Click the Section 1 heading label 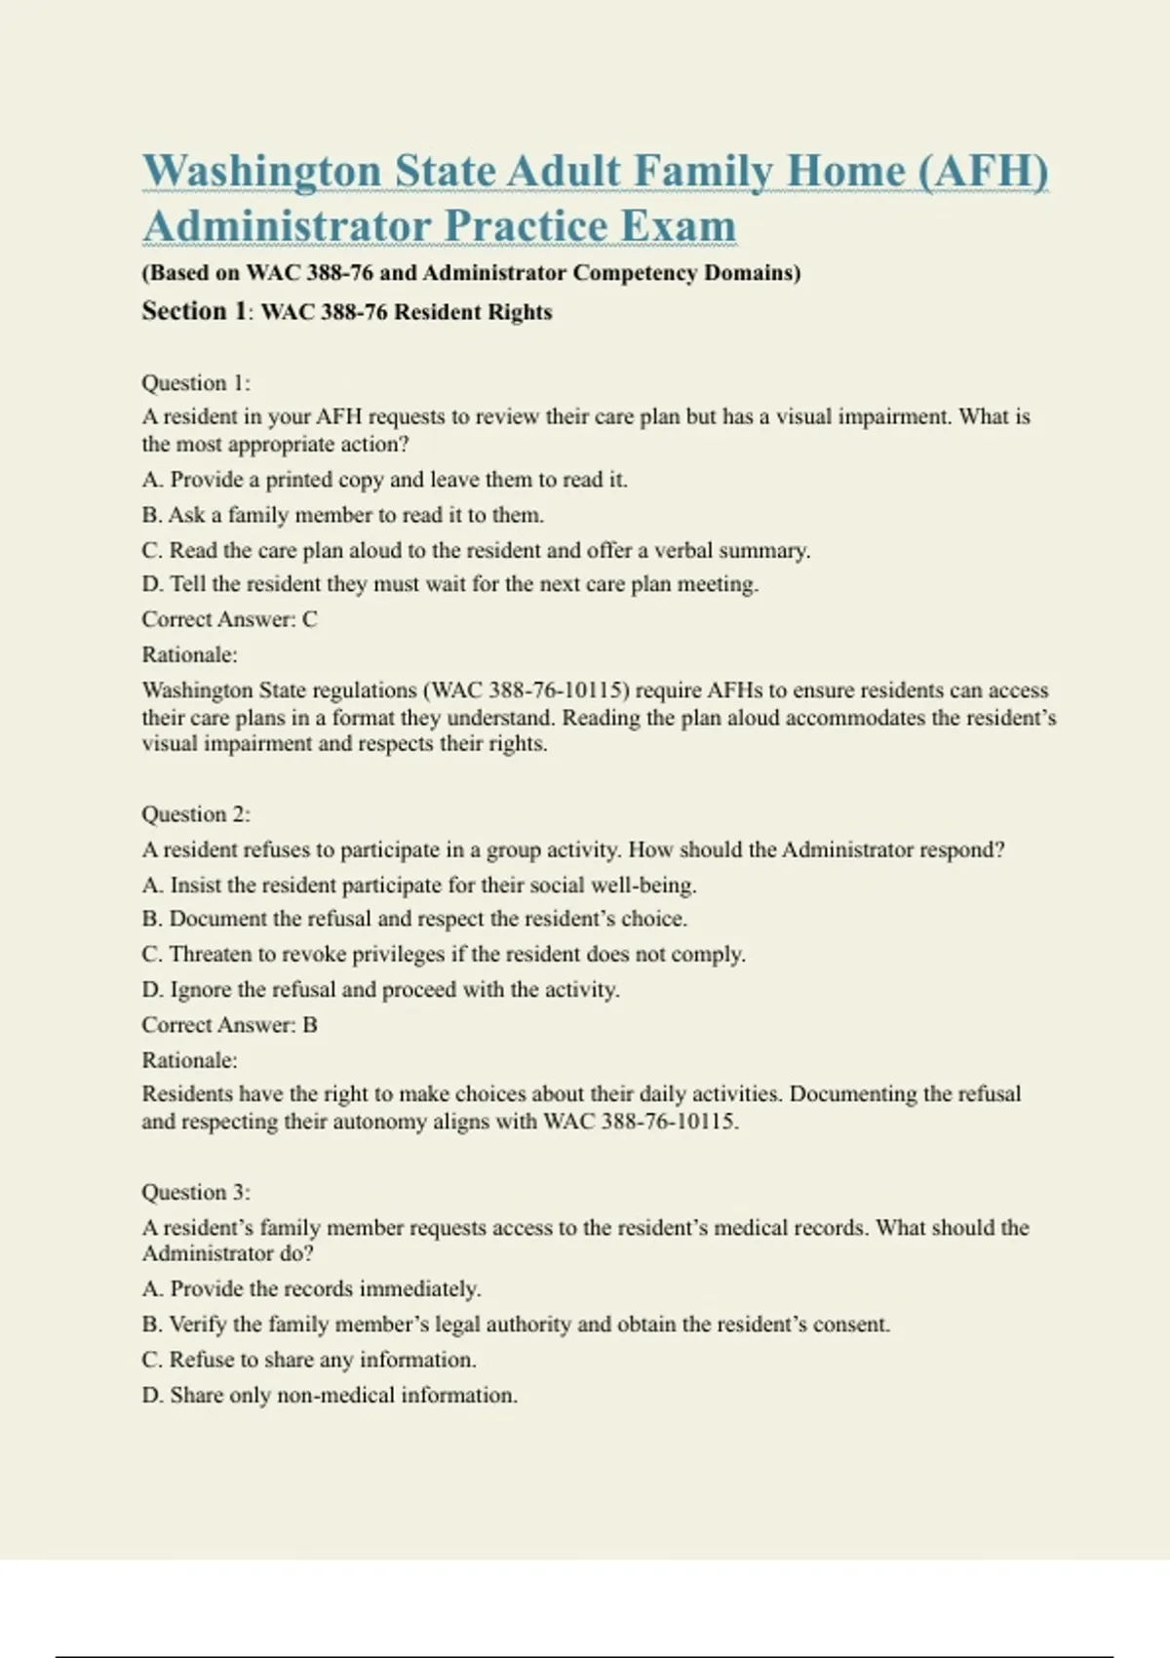click(196, 312)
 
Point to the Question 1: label click(196, 383)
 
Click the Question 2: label click(196, 814)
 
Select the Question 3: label click(196, 1193)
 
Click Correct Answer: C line click(229, 619)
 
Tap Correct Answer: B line click(229, 1025)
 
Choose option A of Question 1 click(384, 480)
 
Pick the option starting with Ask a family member click(342, 515)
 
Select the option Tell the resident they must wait click(449, 584)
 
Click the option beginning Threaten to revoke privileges click(444, 954)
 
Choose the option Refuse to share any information click(309, 1360)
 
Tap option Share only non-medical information click(330, 1396)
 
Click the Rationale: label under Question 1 click(189, 654)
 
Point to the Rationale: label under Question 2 click(189, 1060)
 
